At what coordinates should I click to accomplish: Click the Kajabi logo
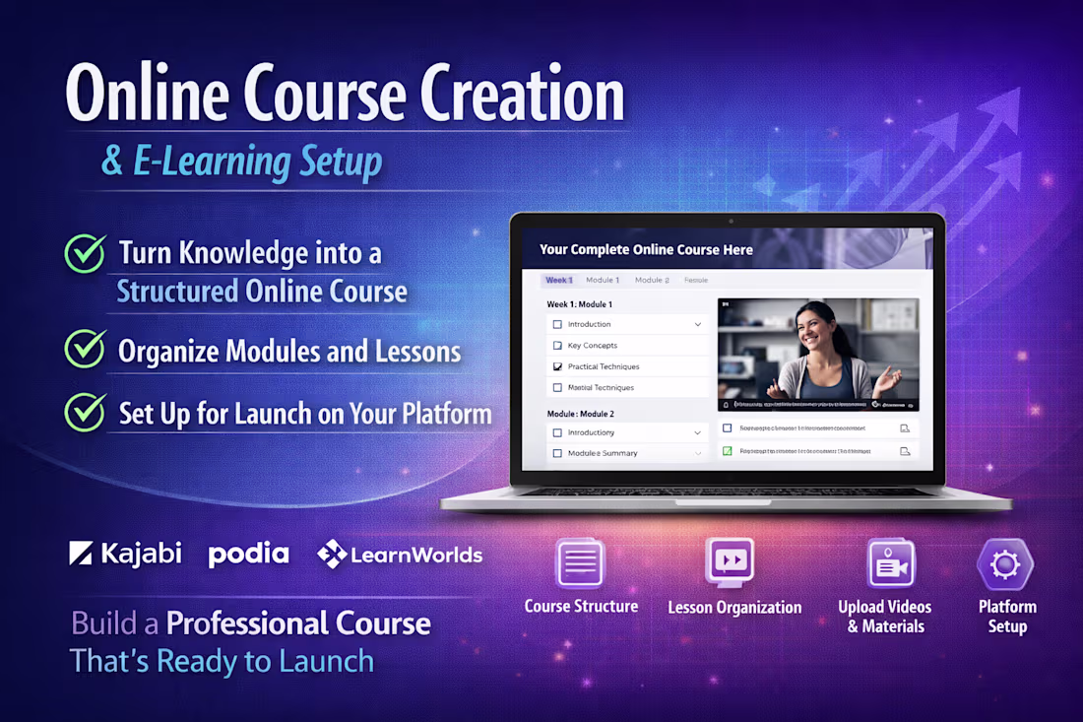(x=125, y=554)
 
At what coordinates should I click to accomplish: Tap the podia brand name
(x=248, y=555)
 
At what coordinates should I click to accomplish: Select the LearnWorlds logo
(x=400, y=555)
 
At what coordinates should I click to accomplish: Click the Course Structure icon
(x=580, y=564)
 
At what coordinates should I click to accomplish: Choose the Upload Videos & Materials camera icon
(x=890, y=564)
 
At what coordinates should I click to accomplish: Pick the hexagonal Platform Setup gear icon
(x=1004, y=564)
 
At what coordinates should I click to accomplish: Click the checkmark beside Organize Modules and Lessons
(x=86, y=350)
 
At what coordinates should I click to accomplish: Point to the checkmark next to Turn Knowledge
(x=86, y=253)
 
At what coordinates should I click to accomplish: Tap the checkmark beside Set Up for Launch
(x=86, y=412)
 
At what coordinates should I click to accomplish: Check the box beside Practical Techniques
(x=557, y=366)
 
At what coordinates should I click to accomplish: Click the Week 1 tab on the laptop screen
(x=559, y=280)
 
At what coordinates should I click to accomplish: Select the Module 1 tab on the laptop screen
(x=603, y=280)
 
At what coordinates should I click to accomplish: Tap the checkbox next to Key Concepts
(x=557, y=346)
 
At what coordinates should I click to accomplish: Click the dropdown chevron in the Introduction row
(x=698, y=324)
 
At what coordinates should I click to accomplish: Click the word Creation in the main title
(x=522, y=97)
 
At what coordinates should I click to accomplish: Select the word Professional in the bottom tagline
(x=298, y=624)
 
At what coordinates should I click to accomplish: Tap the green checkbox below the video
(x=728, y=450)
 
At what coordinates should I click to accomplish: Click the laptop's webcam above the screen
(x=730, y=221)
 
